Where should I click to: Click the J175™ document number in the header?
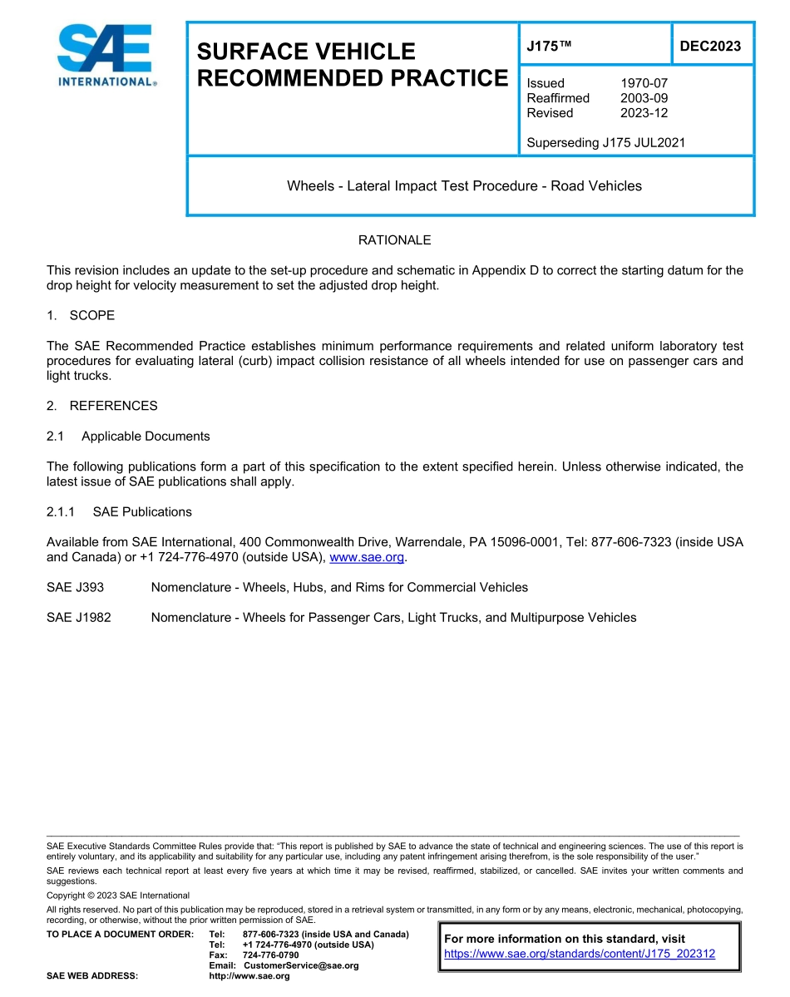pos(546,46)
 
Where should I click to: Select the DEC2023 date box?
pos(710,46)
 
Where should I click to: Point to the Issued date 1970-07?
pos(644,83)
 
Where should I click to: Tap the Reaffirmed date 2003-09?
pos(644,98)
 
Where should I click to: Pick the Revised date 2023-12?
pos(644,113)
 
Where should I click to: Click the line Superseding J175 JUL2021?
pos(605,142)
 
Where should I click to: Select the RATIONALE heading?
pos(394,240)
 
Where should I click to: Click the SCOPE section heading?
pos(91,315)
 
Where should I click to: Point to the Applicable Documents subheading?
pos(146,436)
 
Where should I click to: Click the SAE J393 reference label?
pos(76,587)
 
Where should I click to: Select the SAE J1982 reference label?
pos(79,617)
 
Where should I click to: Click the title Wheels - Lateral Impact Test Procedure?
pos(464,185)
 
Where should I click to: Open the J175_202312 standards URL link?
pos(580,954)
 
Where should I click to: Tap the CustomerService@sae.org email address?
pos(301,965)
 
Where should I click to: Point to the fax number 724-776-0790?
pos(270,955)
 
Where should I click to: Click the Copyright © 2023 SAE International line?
pos(118,895)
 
